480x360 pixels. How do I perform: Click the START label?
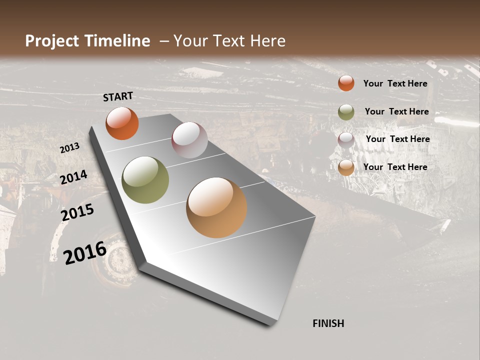tap(118, 96)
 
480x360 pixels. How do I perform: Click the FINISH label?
tap(328, 323)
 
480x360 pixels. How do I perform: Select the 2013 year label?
tap(69, 148)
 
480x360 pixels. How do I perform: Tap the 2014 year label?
tap(73, 177)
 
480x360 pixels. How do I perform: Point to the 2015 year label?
tap(77, 212)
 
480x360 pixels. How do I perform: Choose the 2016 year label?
tap(85, 252)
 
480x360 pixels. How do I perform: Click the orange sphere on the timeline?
tap(122, 123)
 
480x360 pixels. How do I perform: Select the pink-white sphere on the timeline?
tap(189, 140)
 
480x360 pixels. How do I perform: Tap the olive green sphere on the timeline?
tap(145, 180)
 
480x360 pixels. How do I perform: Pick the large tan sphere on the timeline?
tap(216, 207)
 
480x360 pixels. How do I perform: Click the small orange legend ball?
tap(346, 83)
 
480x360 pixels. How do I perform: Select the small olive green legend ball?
tap(346, 112)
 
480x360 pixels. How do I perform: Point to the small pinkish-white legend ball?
tap(346, 140)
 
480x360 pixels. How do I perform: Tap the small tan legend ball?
tap(346, 167)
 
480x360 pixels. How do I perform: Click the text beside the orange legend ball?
tap(395, 83)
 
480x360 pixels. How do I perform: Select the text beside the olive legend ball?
tap(396, 111)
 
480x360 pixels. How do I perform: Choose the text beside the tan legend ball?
tap(395, 167)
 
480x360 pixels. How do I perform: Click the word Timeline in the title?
tap(118, 41)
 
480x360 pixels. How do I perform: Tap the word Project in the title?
tap(51, 41)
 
